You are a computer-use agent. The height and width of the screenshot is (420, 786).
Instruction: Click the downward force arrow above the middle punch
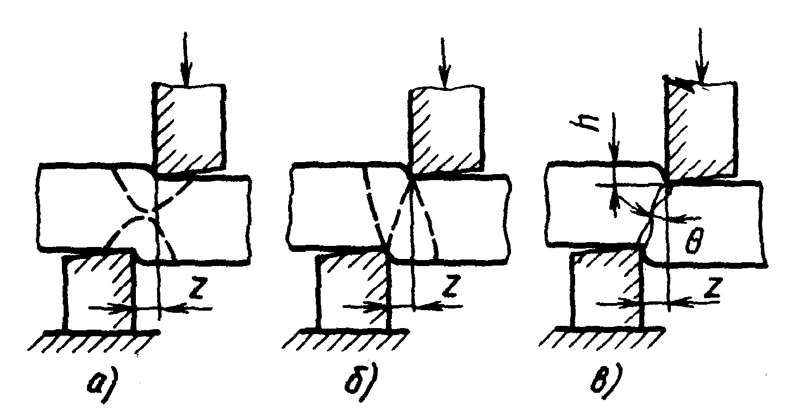click(444, 63)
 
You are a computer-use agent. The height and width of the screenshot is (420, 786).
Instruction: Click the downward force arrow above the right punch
click(700, 56)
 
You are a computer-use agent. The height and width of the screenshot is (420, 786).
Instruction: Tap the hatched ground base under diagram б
click(346, 339)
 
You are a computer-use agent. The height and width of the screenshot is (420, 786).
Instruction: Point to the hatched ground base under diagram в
click(602, 338)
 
